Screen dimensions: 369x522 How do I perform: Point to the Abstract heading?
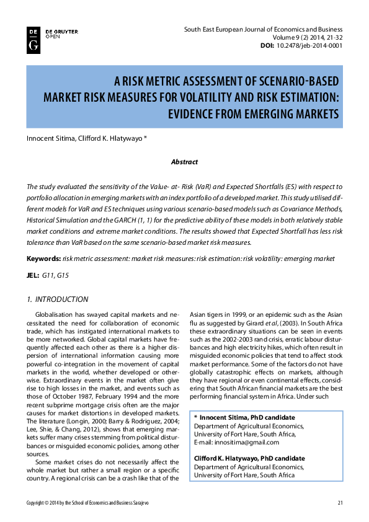point(184,162)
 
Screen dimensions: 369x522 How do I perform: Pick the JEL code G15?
point(63,274)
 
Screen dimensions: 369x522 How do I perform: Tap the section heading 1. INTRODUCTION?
point(57,299)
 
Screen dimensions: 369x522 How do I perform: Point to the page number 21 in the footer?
point(340,502)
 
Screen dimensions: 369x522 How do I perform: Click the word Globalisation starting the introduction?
point(56,316)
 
